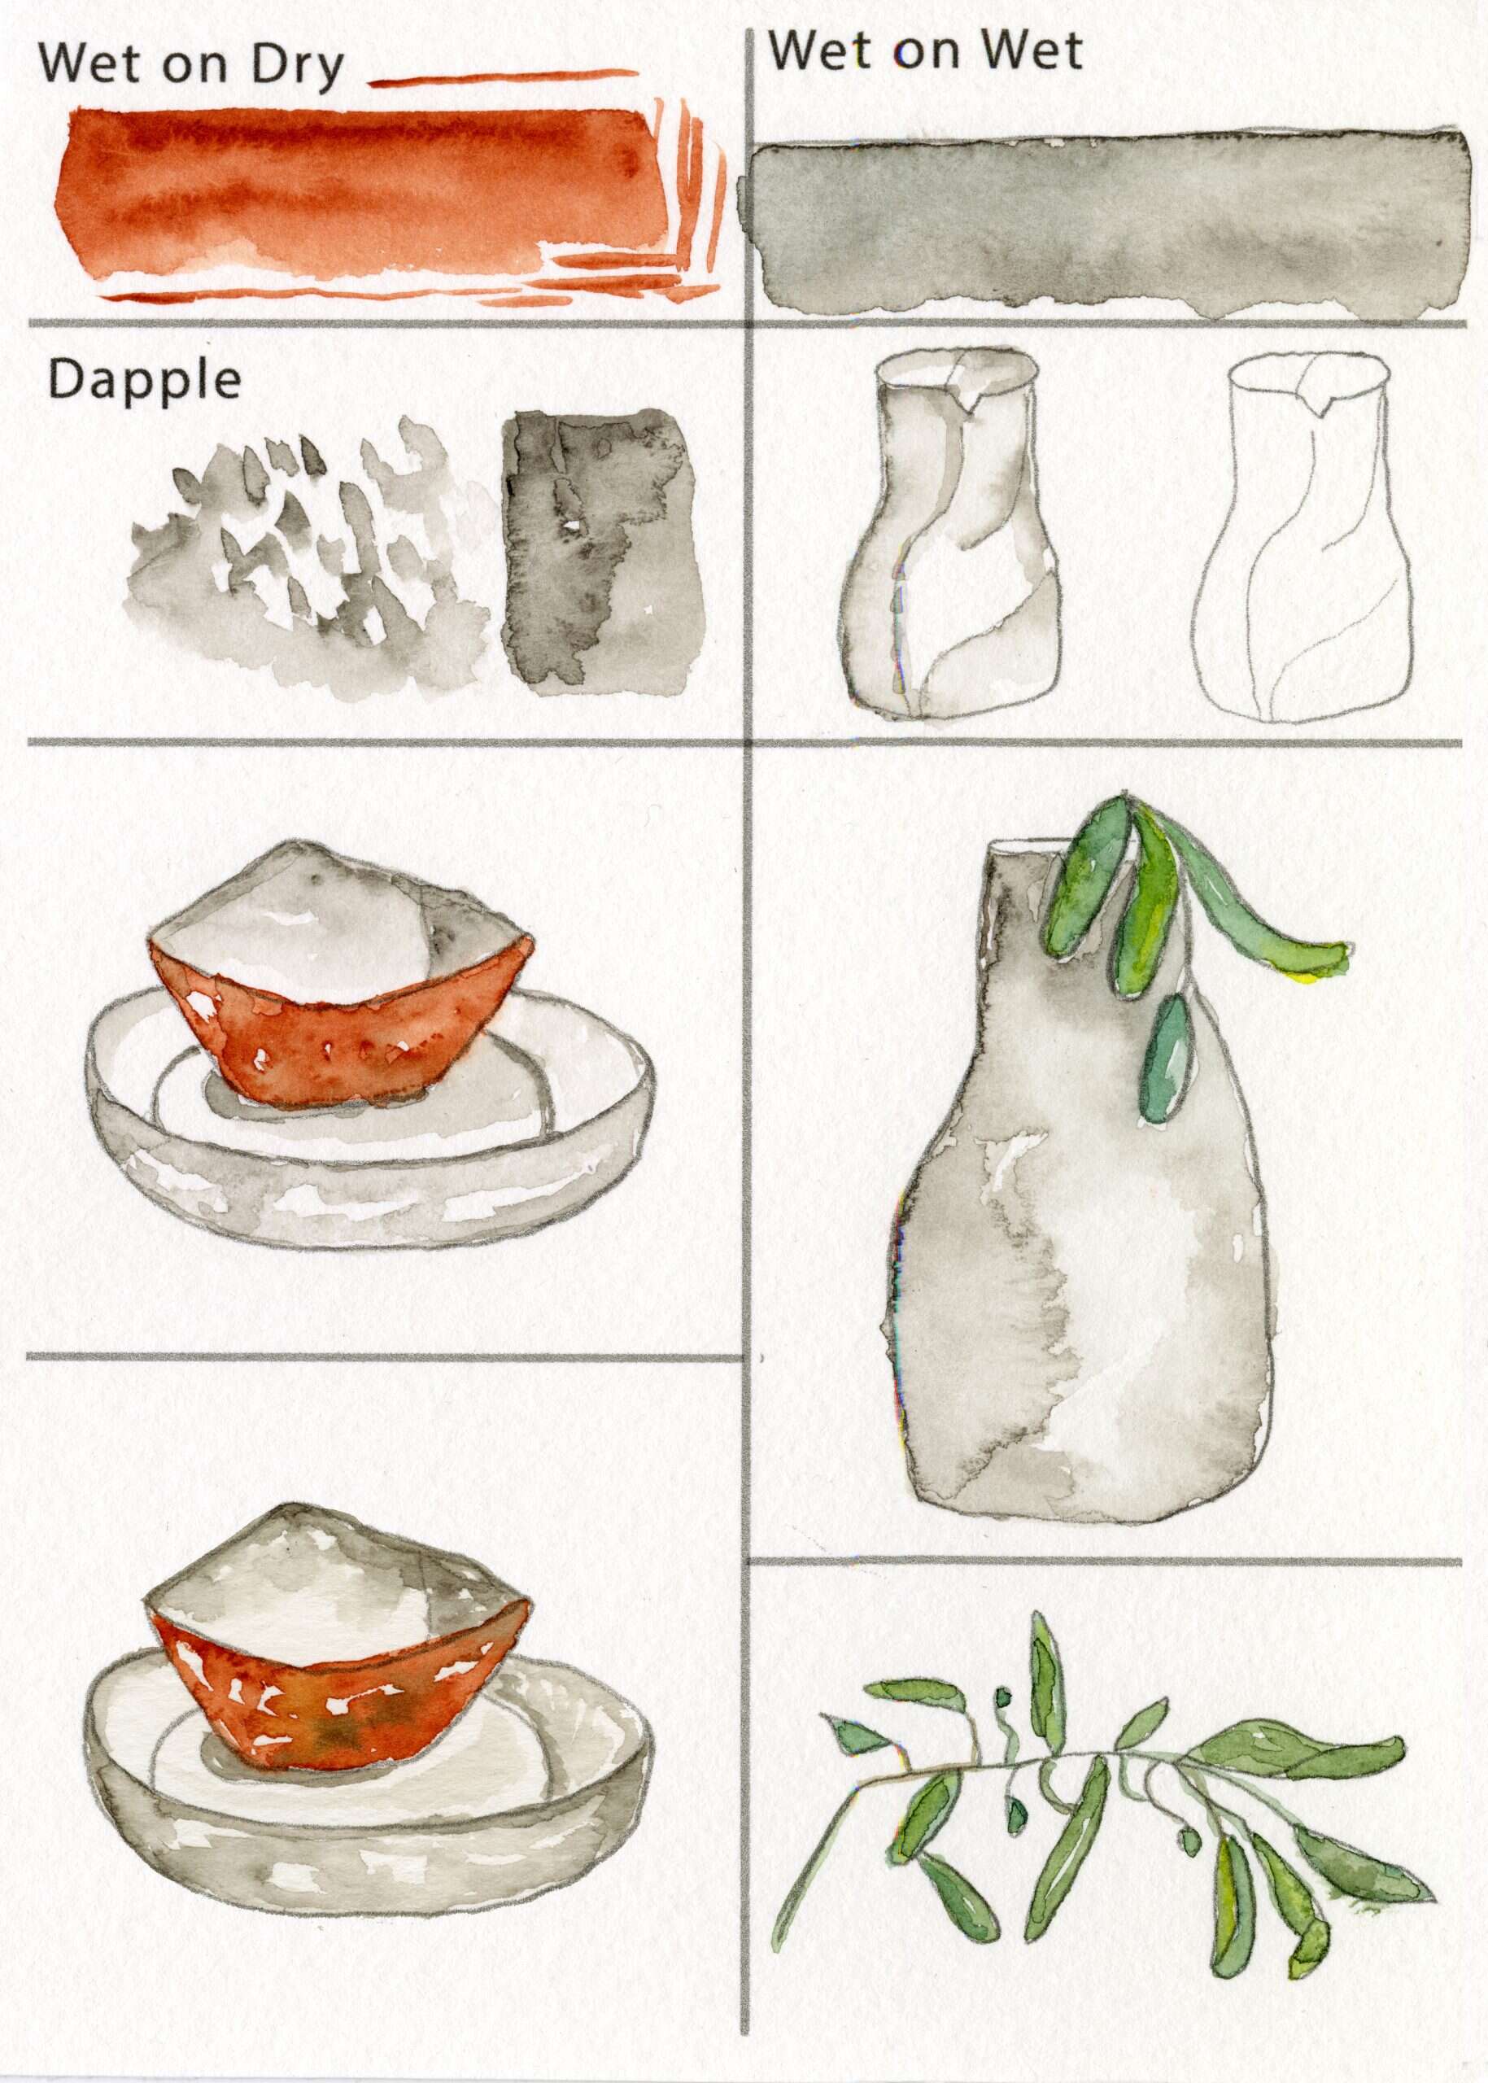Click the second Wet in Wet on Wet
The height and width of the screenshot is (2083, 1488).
click(x=1032, y=50)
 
